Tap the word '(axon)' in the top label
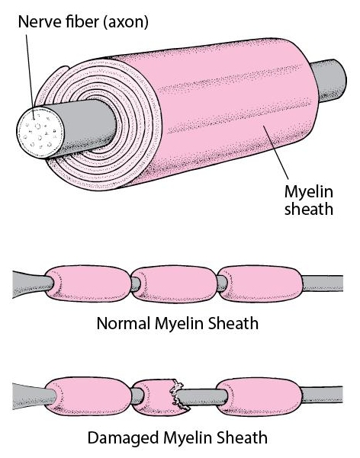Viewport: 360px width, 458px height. tap(125, 22)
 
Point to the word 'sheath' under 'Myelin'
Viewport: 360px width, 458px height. tap(309, 209)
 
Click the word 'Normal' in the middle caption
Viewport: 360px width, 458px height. tap(124, 324)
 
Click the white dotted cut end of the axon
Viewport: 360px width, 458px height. tap(40, 133)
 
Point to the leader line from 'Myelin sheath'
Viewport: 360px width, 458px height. tap(276, 152)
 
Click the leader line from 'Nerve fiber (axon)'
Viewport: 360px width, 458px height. tap(30, 77)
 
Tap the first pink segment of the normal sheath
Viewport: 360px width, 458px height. tap(88, 283)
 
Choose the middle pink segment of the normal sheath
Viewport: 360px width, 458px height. tap(175, 283)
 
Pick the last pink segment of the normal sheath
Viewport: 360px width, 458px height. tap(259, 283)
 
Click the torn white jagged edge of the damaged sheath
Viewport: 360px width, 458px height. tap(177, 393)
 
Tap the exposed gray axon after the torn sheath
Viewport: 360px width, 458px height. tap(202, 397)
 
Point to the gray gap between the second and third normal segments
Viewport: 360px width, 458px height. tap(222, 283)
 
